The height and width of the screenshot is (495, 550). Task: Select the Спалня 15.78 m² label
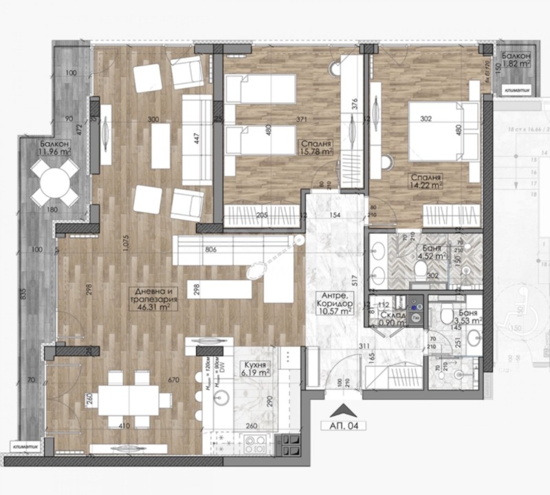(x=316, y=148)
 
